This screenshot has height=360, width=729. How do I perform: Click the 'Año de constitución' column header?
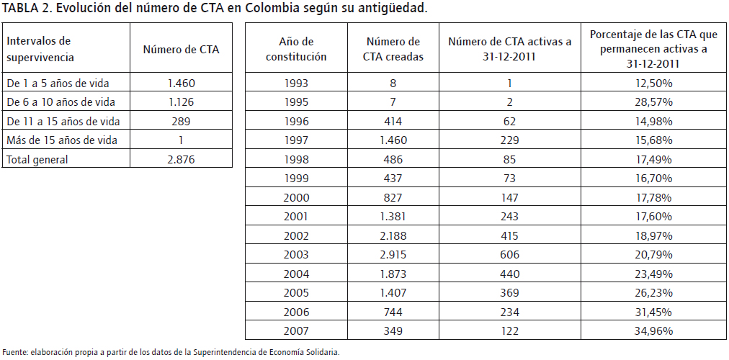point(296,49)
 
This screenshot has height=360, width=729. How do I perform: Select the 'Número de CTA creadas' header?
point(393,49)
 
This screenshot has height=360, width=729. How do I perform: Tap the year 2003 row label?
point(296,254)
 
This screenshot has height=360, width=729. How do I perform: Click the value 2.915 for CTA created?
point(393,254)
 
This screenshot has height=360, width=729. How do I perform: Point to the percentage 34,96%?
point(653,331)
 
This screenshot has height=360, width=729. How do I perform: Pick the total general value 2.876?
point(180,160)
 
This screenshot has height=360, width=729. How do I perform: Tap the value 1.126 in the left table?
point(180,102)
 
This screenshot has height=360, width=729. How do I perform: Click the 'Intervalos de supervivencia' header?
point(41,49)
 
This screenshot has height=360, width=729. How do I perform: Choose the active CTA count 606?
point(509,254)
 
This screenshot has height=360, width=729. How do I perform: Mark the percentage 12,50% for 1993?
point(653,83)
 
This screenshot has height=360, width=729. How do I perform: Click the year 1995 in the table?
point(296,102)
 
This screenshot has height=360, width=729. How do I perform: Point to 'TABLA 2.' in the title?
point(27,9)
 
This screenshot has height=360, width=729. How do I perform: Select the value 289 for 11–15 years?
point(180,121)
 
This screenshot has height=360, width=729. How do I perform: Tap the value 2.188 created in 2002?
point(393,235)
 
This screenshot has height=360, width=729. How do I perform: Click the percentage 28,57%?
point(653,102)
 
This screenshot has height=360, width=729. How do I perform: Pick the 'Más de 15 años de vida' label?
point(61,140)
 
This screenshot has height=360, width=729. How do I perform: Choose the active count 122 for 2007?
point(509,331)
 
